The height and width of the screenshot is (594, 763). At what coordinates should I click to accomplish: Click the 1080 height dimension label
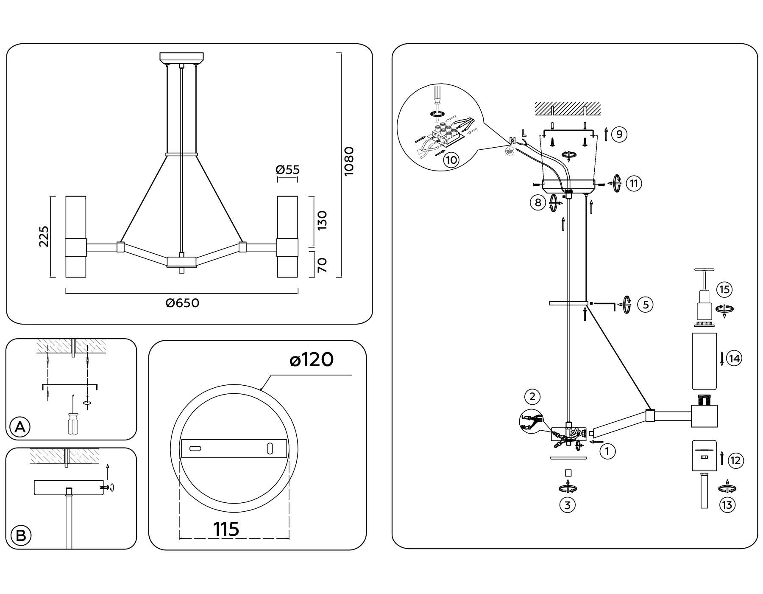(x=348, y=161)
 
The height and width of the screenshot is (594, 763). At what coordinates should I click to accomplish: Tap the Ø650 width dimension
(x=182, y=303)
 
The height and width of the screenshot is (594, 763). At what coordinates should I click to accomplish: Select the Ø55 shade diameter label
(x=287, y=170)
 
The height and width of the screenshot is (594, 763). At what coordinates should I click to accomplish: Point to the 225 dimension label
(x=44, y=236)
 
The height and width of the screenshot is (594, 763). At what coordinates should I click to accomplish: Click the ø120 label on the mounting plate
(x=312, y=360)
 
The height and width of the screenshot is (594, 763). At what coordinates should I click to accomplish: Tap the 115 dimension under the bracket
(x=226, y=529)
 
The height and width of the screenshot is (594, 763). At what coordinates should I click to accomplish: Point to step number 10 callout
(x=451, y=160)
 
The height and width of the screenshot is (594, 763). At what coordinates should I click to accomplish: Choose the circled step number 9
(x=619, y=134)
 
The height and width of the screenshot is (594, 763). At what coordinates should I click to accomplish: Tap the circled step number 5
(x=646, y=305)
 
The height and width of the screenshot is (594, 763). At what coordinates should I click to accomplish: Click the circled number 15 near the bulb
(x=724, y=290)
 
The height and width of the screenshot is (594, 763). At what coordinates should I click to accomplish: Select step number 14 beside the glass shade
(x=734, y=359)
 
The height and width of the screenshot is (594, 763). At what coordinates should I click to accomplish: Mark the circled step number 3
(x=568, y=505)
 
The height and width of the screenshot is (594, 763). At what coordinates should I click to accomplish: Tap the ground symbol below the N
(x=510, y=150)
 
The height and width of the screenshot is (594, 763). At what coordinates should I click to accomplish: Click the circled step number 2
(x=532, y=397)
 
